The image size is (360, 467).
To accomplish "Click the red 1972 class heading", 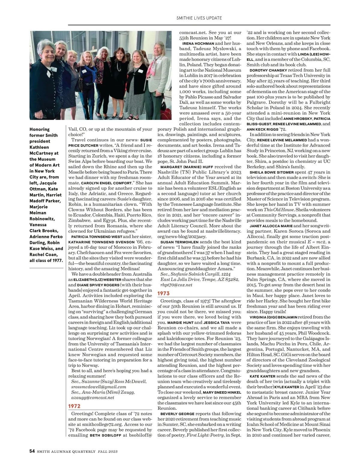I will click(x=74, y=406).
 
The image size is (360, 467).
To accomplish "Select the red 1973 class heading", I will click(x=164, y=293).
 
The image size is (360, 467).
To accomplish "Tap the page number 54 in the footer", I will click(x=32, y=451).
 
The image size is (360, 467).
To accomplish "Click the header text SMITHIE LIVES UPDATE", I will click(x=199, y=18).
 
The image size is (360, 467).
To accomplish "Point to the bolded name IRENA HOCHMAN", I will click(x=198, y=43).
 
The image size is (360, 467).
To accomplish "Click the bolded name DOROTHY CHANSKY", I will click(x=264, y=70).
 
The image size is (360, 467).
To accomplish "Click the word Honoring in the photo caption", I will click(x=40, y=129).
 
